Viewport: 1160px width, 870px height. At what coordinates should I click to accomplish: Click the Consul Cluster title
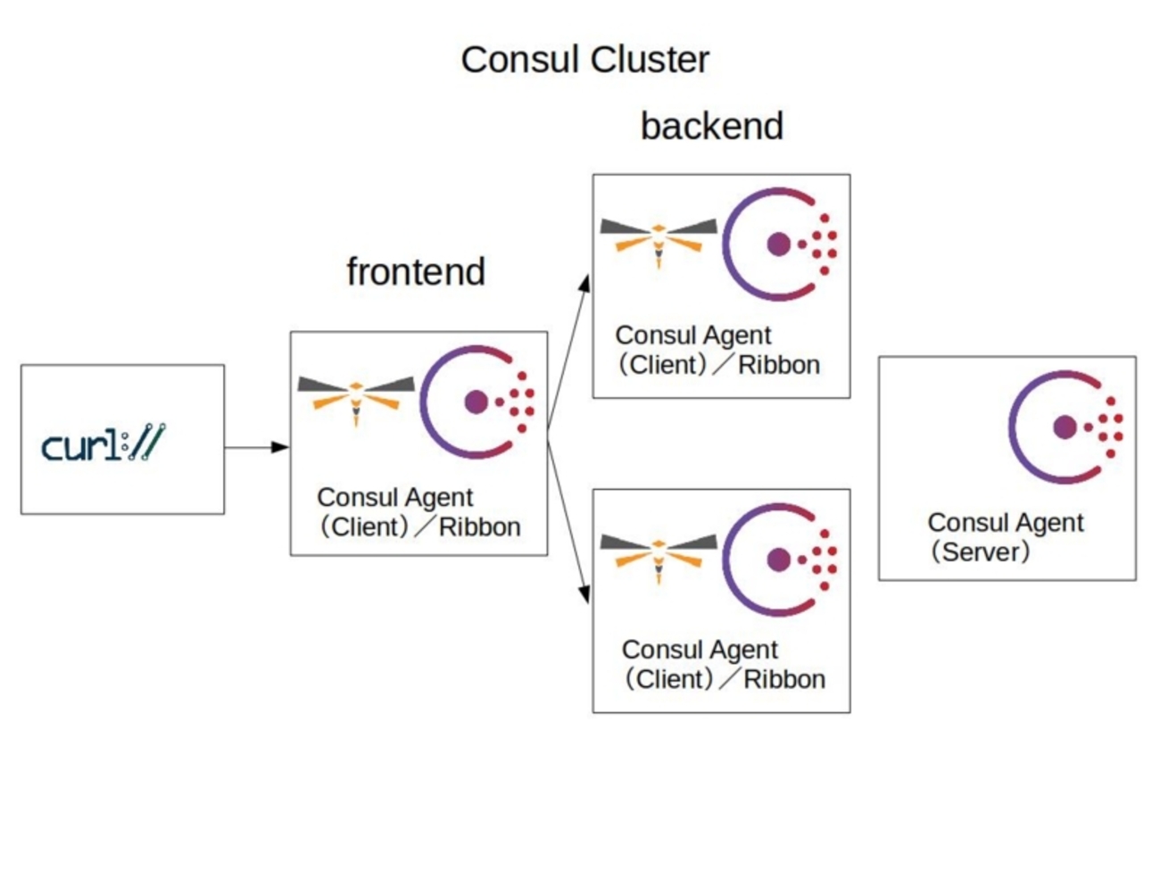click(x=584, y=60)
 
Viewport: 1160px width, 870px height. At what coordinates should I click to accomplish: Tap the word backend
click(x=711, y=126)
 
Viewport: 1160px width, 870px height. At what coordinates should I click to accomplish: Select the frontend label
click(x=416, y=271)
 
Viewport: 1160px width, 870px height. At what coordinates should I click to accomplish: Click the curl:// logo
click(x=104, y=443)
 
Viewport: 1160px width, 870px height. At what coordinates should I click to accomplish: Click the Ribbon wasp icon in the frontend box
click(x=356, y=398)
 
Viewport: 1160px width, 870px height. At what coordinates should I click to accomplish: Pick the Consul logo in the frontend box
click(x=477, y=402)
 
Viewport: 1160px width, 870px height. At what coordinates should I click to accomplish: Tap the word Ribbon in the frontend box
click(x=479, y=527)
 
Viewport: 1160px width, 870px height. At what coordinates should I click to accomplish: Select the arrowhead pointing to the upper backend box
click(x=584, y=284)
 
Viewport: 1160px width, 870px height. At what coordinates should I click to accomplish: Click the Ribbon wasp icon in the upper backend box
click(x=659, y=239)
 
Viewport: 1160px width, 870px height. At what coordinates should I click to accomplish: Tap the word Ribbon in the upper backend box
click(x=779, y=365)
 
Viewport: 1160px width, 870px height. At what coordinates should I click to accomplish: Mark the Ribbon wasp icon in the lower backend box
click(x=659, y=554)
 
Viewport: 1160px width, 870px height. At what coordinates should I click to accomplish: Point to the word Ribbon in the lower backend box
click(x=784, y=679)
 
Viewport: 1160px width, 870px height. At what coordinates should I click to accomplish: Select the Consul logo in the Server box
click(x=1065, y=427)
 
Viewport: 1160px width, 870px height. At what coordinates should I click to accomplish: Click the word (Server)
click(x=980, y=551)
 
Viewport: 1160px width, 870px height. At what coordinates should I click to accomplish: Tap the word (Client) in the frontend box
click(x=364, y=527)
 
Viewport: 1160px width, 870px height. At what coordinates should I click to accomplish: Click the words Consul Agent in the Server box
click(x=1006, y=522)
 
